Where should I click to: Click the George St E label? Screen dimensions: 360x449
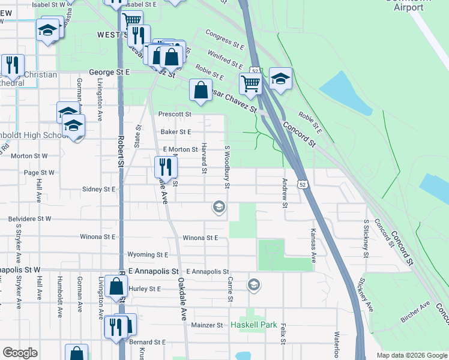click(110, 72)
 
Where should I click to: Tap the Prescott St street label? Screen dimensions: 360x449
click(175, 114)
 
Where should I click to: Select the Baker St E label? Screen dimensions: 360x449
click(176, 132)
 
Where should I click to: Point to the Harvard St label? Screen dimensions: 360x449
click(204, 159)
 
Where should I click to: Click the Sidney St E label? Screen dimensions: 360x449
click(100, 189)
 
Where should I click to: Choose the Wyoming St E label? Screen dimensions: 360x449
click(148, 255)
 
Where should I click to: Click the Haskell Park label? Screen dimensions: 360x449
click(254, 325)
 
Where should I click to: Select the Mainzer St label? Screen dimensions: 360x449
click(207, 325)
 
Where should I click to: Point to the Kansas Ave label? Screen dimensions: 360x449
click(313, 245)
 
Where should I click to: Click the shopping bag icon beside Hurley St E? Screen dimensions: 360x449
click(115, 286)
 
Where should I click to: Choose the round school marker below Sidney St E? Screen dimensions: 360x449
click(219, 208)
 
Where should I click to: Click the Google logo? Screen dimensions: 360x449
click(20, 353)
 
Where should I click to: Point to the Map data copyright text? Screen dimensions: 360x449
click(411, 355)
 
